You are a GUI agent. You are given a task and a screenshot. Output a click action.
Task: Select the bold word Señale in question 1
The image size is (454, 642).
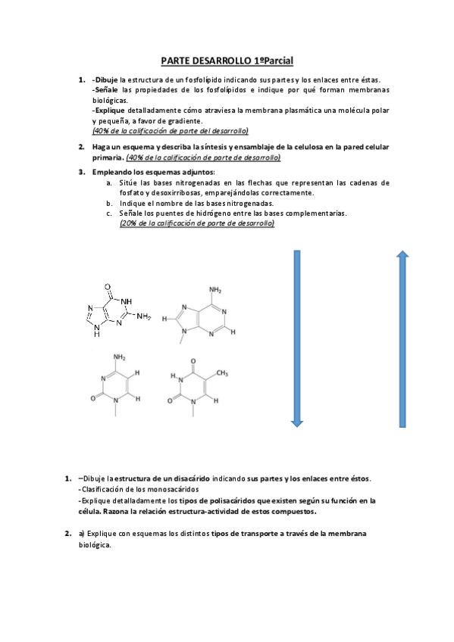(106, 90)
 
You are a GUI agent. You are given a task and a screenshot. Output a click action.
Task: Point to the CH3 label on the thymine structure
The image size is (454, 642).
(223, 372)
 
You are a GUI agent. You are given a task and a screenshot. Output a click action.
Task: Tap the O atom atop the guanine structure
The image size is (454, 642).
(110, 287)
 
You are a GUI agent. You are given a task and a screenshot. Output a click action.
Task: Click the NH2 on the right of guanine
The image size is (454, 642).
(146, 317)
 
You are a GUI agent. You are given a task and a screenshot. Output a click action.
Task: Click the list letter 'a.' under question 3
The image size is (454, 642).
(111, 182)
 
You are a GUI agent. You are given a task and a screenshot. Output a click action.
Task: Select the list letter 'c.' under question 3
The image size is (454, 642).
(111, 213)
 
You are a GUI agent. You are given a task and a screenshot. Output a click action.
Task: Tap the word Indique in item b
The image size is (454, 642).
(133, 203)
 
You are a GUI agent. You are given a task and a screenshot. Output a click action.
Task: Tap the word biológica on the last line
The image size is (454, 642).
(95, 545)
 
